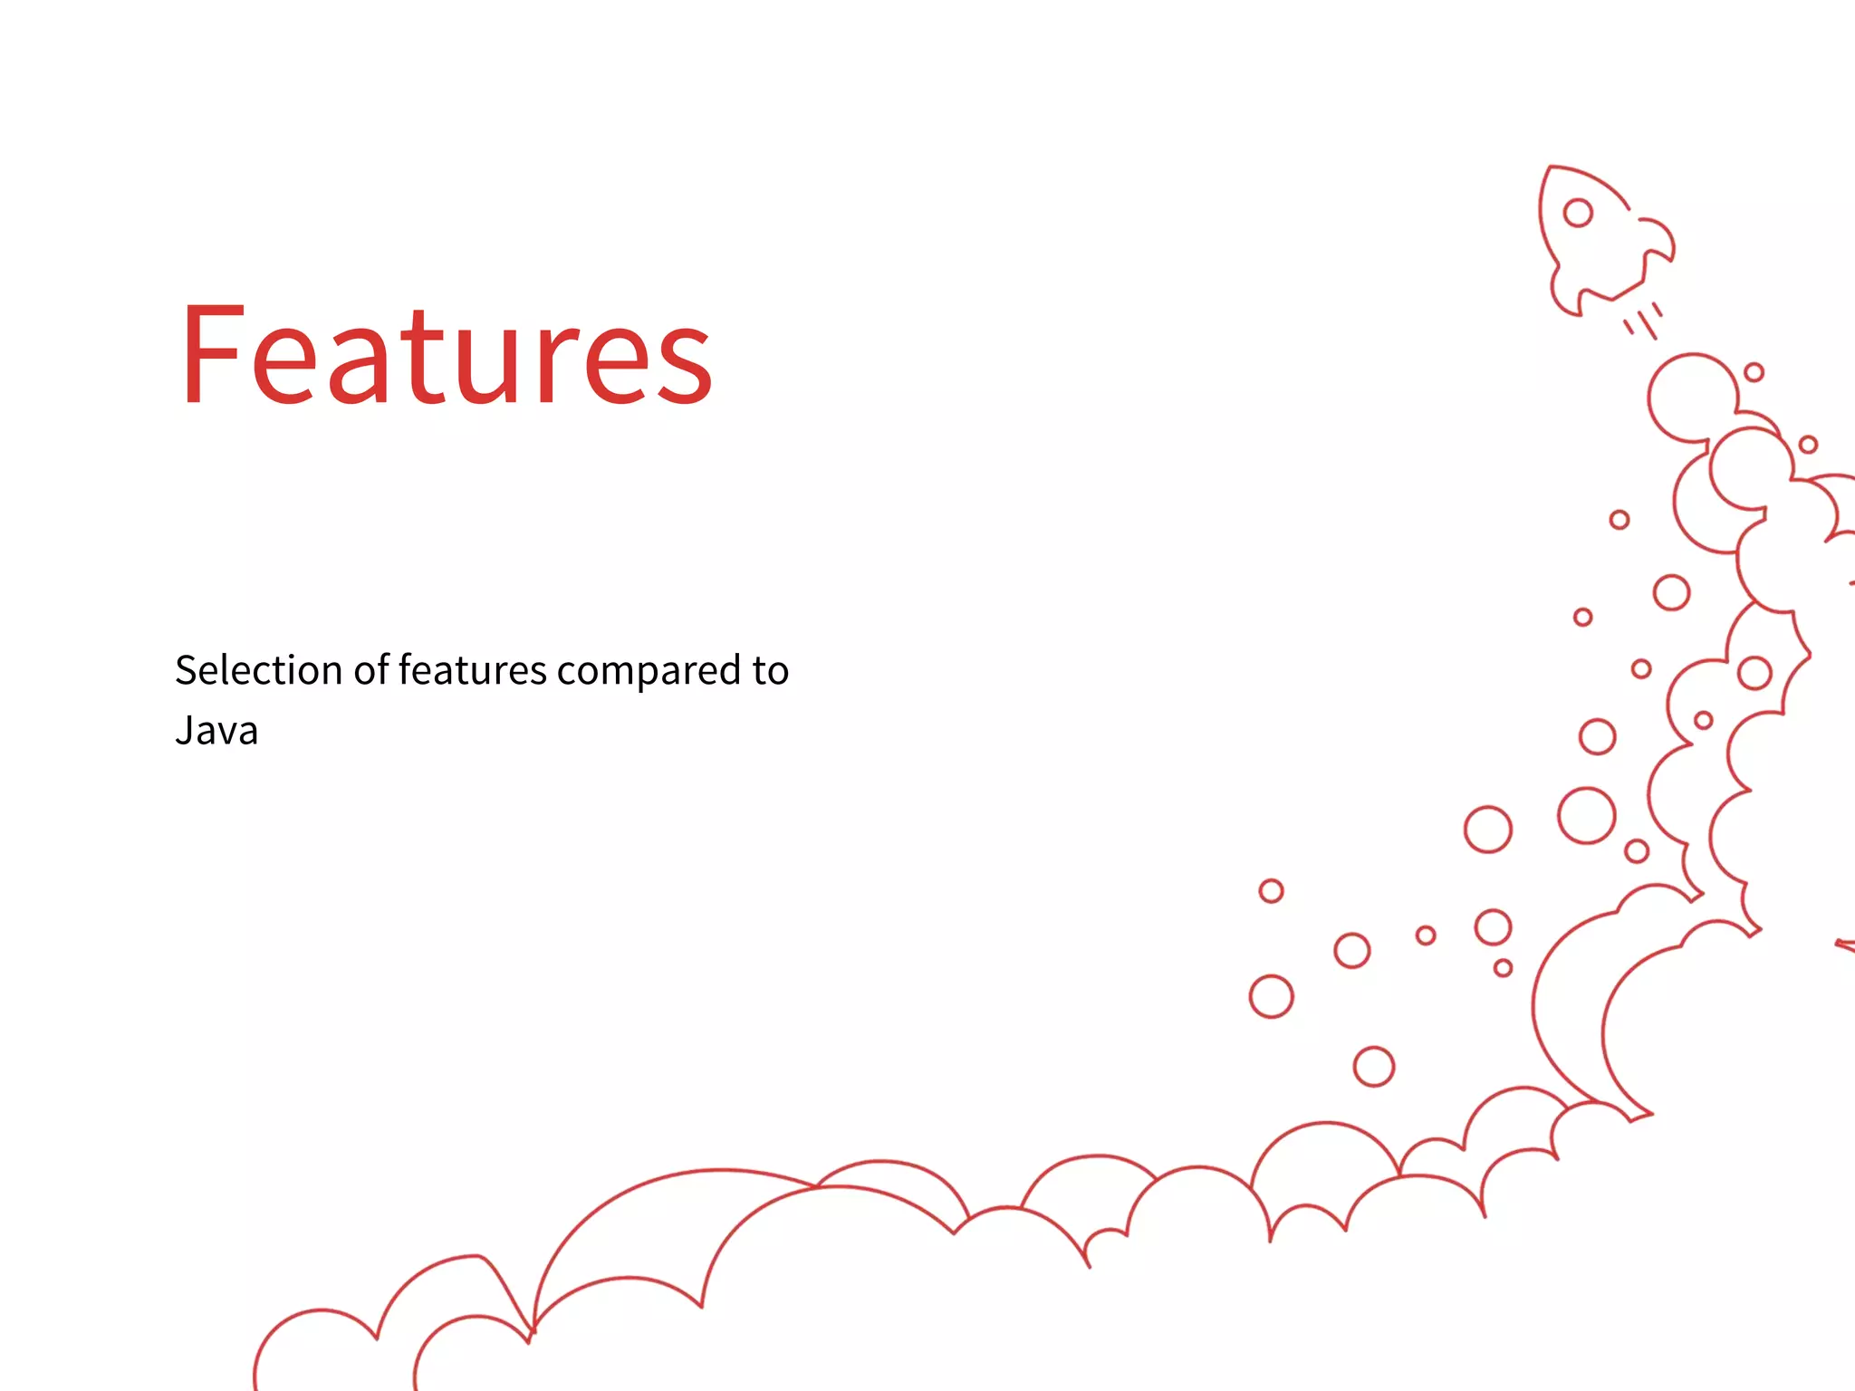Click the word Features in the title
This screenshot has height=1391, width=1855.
pyautogui.click(x=447, y=355)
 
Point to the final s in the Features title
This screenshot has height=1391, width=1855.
pyautogui.click(x=687, y=367)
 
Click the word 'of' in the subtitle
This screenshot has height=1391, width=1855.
pyautogui.click(x=370, y=671)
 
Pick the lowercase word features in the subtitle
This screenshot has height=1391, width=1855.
pyautogui.click(x=473, y=671)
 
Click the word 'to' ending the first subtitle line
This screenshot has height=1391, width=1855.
pyautogui.click(x=770, y=671)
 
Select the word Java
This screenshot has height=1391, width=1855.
pyautogui.click(x=216, y=731)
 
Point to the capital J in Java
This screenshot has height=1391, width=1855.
pyautogui.click(x=184, y=731)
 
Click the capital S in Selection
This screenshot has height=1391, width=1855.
pyautogui.click(x=186, y=671)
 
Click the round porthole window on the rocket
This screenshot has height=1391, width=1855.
pyautogui.click(x=1578, y=213)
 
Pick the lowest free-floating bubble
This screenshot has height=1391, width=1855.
pyautogui.click(x=1373, y=1066)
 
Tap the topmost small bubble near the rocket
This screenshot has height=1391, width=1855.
pyautogui.click(x=1754, y=372)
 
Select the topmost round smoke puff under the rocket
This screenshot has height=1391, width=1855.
pyautogui.click(x=1692, y=398)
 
